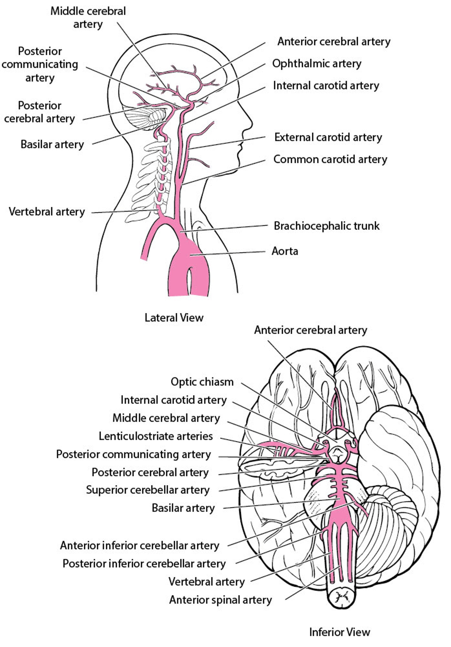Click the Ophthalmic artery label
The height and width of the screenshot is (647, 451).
coord(316,64)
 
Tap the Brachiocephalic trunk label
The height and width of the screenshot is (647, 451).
coord(326,226)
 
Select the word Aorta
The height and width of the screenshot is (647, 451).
coord(284,251)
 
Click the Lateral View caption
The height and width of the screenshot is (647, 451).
coord(174,318)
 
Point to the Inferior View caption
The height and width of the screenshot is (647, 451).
coord(339,632)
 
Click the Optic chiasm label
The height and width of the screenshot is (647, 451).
coord(202,382)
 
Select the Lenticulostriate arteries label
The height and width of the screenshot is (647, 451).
coord(156,436)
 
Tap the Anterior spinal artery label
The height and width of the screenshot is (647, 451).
coord(220,600)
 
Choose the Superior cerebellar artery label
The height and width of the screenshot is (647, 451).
coord(148,490)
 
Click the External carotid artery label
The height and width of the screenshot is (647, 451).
coord(328,137)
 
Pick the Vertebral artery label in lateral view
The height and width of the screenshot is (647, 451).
coord(47,212)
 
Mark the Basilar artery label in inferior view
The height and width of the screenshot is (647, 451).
coord(183,508)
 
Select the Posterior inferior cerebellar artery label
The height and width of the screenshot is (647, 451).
coord(144,563)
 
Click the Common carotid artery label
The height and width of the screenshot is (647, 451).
coord(330,160)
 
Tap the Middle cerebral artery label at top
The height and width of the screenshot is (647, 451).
coord(88,17)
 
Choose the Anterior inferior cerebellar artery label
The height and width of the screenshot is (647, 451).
coord(140,546)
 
